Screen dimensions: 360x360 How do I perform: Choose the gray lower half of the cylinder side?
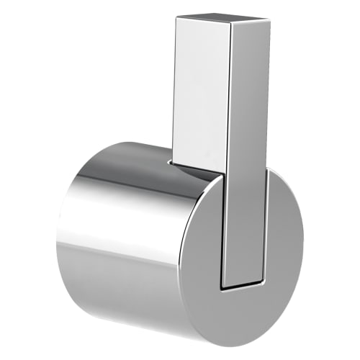tap(122, 288)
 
